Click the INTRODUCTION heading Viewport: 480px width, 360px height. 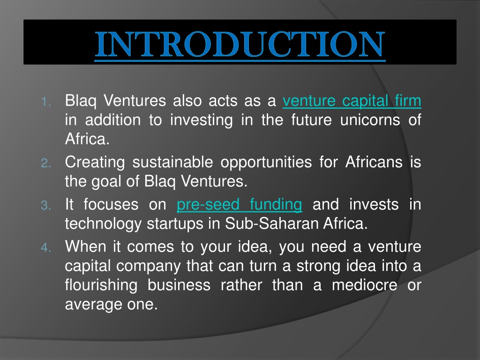tap(240, 44)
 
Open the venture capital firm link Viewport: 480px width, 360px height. tap(352, 101)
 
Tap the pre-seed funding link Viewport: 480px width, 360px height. tap(240, 204)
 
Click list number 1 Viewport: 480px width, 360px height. tap(46, 102)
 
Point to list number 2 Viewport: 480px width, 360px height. tap(46, 163)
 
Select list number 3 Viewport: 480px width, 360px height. tap(46, 205)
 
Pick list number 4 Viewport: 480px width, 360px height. tap(46, 247)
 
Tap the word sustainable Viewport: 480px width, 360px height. tap(172, 162)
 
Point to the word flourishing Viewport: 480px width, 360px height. tap(101, 285)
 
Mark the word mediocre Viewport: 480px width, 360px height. tap(364, 285)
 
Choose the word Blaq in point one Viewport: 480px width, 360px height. tap(81, 101)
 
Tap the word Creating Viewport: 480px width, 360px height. tap(95, 163)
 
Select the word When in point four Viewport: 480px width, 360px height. tap(85, 246)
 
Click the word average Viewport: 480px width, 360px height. tap(92, 305)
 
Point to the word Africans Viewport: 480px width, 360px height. tap(374, 162)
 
